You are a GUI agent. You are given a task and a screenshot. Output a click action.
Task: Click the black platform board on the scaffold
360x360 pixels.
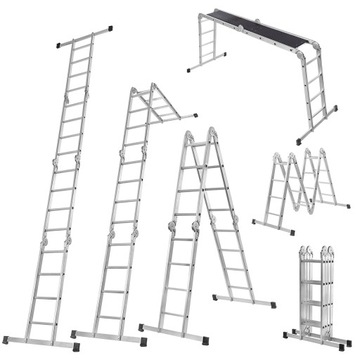[x=255, y=31]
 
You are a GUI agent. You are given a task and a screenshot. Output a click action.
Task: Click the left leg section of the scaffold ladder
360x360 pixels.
[x=206, y=49]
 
